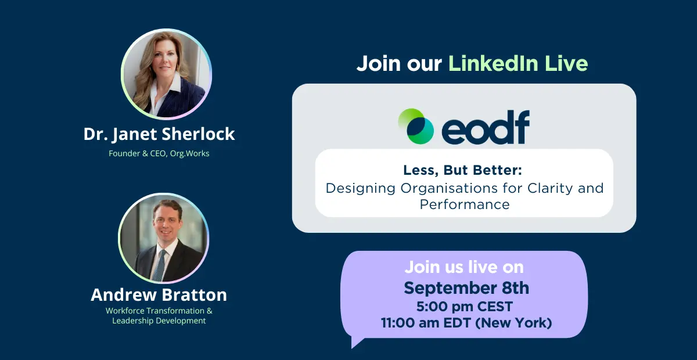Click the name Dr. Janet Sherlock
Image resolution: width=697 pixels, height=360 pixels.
159,134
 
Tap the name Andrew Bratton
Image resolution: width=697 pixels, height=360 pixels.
159,294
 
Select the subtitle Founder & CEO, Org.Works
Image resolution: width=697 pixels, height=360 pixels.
159,153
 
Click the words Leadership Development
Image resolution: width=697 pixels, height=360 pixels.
159,321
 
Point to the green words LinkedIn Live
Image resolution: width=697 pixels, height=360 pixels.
518,63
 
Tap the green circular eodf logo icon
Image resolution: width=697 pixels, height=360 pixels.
416,126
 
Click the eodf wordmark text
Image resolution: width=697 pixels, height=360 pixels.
486,127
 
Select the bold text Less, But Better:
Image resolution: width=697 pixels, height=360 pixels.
463,170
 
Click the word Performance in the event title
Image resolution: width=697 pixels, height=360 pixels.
465,205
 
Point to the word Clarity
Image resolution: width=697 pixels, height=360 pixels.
550,189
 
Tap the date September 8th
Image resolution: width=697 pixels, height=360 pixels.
466,288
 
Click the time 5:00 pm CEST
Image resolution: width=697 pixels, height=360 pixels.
465,307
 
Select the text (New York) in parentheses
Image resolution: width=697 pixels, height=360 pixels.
513,323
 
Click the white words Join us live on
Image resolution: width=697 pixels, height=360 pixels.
464,267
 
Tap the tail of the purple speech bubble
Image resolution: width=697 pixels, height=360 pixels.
356,341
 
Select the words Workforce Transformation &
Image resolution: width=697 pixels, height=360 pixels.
159,311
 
